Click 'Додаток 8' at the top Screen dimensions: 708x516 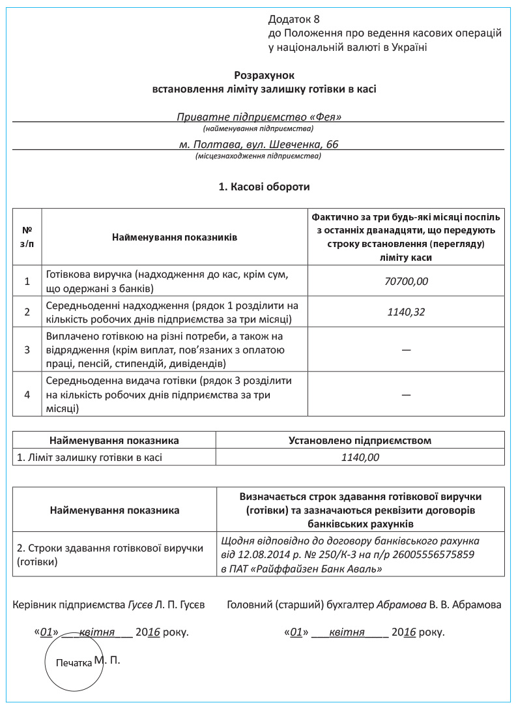pyautogui.click(x=294, y=20)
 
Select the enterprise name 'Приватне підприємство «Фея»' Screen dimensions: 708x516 pyautogui.click(x=259, y=117)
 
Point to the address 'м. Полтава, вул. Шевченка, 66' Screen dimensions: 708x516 pyautogui.click(x=259, y=144)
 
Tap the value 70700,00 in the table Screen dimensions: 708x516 pyautogui.click(x=406, y=282)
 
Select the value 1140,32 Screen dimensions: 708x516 pyautogui.click(x=406, y=312)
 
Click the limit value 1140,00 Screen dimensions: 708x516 pyautogui.click(x=360, y=457)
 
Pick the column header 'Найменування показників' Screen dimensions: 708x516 pyautogui.click(x=175, y=237)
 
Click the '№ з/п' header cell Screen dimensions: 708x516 pyautogui.click(x=27, y=237)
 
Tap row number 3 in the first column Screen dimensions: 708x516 pyautogui.click(x=27, y=349)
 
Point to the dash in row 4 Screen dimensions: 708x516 pyautogui.click(x=406, y=394)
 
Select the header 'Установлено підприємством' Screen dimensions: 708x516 pyautogui.click(x=360, y=440)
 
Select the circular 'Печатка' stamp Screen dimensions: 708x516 pyautogui.click(x=74, y=662)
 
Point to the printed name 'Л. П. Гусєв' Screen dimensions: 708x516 pyautogui.click(x=180, y=605)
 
